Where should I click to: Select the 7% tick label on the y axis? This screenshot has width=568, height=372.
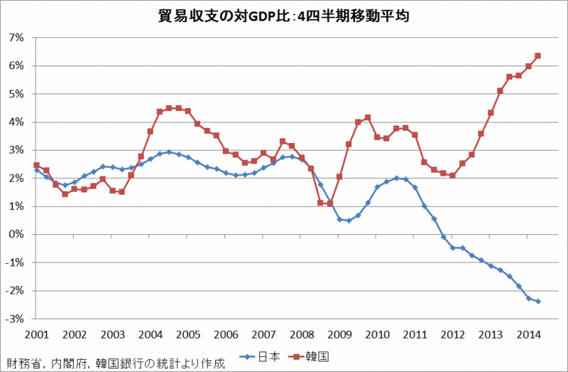tap(16, 37)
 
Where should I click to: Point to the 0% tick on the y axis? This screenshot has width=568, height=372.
tap(16, 235)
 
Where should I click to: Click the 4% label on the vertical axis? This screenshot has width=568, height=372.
tap(16, 122)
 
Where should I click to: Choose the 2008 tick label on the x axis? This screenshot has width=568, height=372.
tap(301, 334)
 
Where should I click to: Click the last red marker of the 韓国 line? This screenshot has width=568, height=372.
tap(537, 55)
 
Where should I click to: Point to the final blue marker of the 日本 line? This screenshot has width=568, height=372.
tap(537, 302)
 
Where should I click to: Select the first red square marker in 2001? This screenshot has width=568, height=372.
tap(37, 165)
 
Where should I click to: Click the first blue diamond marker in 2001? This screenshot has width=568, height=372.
tap(37, 170)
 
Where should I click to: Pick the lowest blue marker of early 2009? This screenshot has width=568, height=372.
tap(349, 220)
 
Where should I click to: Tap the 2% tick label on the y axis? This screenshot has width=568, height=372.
tap(16, 178)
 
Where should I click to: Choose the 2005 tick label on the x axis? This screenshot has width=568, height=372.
tap(188, 334)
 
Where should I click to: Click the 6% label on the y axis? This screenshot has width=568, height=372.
tap(16, 65)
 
